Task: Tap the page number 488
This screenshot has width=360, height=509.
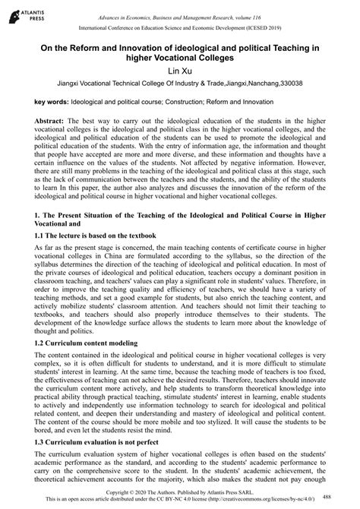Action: pyautogui.click(x=347, y=495)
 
